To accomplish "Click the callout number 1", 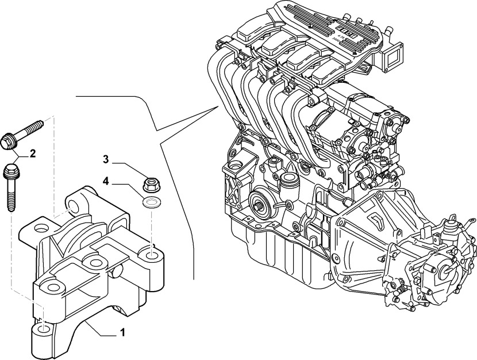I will click(122, 332).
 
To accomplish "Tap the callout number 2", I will click(33, 153).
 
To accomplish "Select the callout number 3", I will click(106, 159).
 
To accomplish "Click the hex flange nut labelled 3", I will click(151, 185).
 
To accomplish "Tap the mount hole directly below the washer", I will click(151, 253).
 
